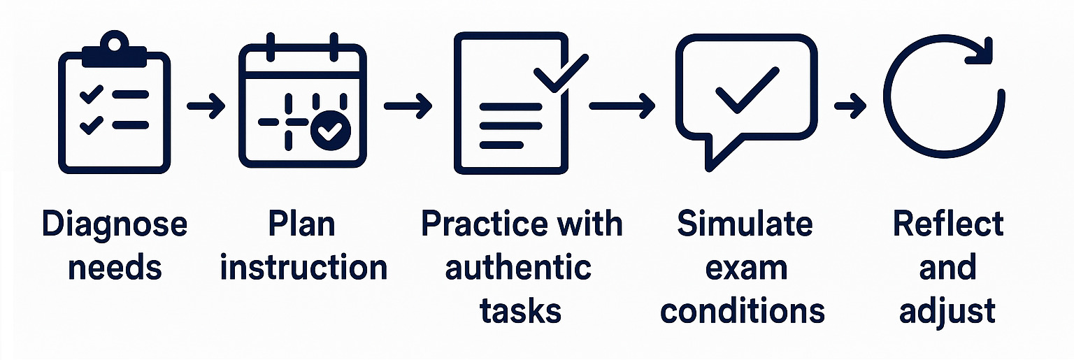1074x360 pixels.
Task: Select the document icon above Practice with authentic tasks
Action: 510,105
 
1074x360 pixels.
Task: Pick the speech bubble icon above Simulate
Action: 745,98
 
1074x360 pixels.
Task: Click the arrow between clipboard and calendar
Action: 206,107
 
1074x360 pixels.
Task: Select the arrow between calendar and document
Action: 408,107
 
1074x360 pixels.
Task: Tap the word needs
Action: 115,268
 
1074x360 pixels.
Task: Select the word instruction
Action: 303,268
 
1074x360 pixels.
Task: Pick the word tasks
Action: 520,310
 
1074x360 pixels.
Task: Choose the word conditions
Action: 743,310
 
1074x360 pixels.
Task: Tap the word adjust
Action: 947,310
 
